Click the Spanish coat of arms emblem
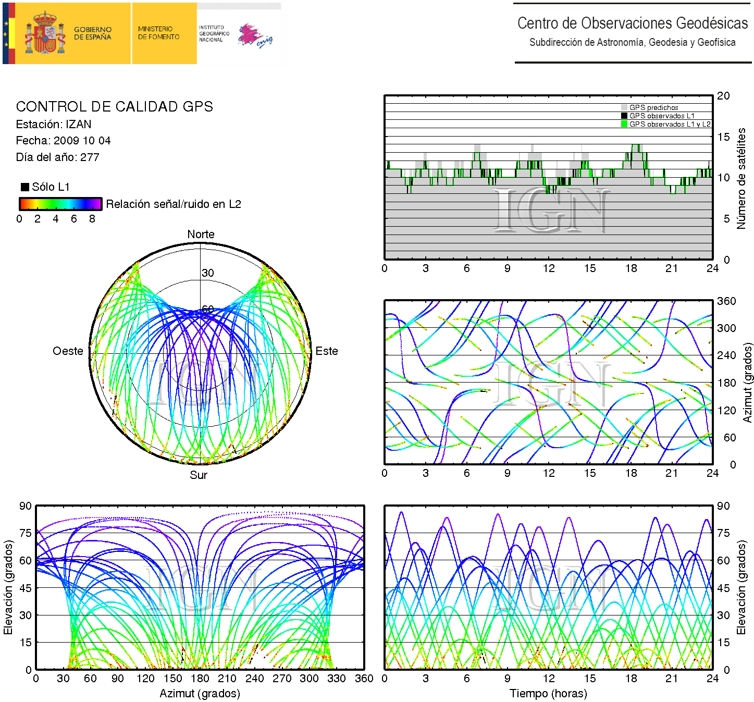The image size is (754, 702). (46, 33)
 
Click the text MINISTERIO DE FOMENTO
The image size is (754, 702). (158, 33)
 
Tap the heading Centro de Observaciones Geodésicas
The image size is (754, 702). (632, 23)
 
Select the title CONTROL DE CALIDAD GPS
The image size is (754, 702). (114, 107)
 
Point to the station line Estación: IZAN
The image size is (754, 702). (54, 125)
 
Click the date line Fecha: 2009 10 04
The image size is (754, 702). (63, 141)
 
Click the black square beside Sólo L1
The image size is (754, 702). (25, 187)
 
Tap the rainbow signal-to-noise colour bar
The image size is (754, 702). (60, 204)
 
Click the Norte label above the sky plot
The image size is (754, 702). (201, 235)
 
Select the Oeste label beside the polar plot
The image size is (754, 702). (68, 351)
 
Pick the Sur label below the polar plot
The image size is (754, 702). (199, 475)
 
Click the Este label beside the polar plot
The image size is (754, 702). (327, 351)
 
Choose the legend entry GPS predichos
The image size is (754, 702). (653, 107)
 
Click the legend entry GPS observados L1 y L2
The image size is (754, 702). (669, 124)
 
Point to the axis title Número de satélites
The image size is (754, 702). (741, 178)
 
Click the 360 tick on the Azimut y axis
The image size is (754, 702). (726, 301)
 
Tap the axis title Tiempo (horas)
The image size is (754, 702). (548, 694)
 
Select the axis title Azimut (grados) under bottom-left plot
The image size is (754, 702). (200, 694)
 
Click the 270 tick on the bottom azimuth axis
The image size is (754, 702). (282, 679)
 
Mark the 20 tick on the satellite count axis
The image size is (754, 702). (723, 96)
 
